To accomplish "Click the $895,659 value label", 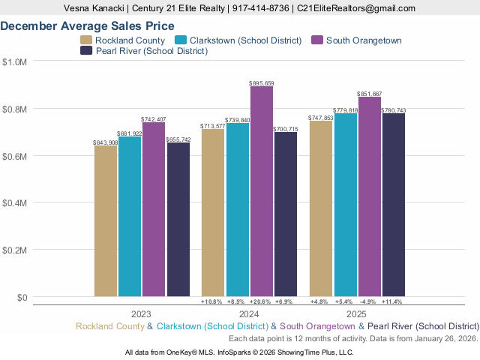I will click(262, 82).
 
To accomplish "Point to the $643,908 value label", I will click(106, 142).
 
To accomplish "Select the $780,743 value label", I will click(393, 109).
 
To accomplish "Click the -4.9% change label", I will click(369, 301).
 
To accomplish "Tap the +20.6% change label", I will click(262, 301).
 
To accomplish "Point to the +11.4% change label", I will click(393, 301).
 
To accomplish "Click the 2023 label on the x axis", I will click(142, 314).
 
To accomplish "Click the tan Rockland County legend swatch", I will click(87, 40).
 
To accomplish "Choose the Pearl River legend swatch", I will click(87, 51).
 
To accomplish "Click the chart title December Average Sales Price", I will click(92, 25).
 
